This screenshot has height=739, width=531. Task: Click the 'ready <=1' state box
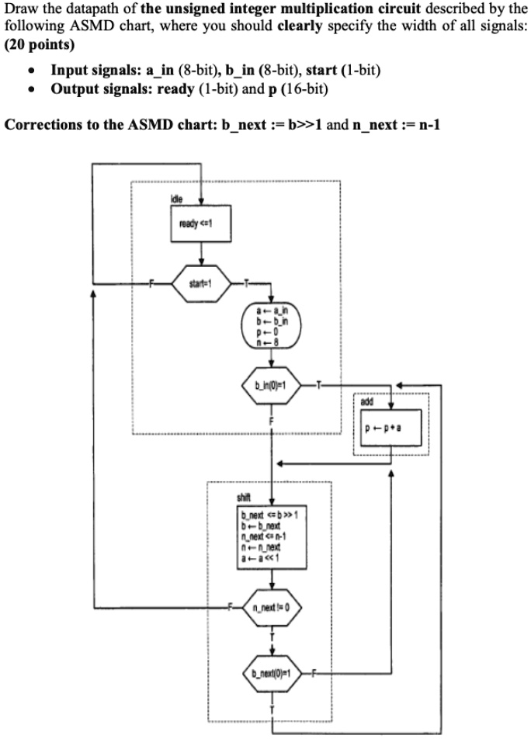(201, 227)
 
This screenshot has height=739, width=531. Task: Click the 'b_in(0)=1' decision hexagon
(271, 386)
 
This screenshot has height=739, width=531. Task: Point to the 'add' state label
(366, 402)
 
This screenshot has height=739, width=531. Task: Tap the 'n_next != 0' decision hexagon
(271, 605)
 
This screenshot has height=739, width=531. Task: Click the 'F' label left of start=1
(153, 284)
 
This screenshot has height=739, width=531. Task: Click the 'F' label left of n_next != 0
(231, 605)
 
